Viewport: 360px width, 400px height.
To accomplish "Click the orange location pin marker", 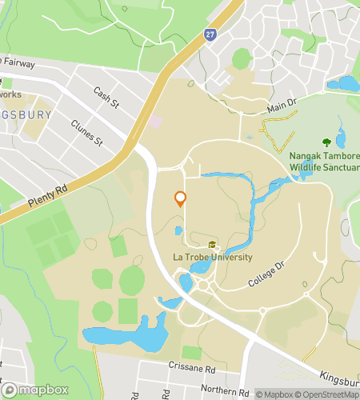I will click(x=180, y=199).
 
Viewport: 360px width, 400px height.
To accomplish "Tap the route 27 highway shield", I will click(x=210, y=34).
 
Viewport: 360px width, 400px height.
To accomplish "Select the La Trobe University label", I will click(x=212, y=258).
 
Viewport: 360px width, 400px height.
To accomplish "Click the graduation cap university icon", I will click(x=212, y=245).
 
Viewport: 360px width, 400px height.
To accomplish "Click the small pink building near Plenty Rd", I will click(x=154, y=122).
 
